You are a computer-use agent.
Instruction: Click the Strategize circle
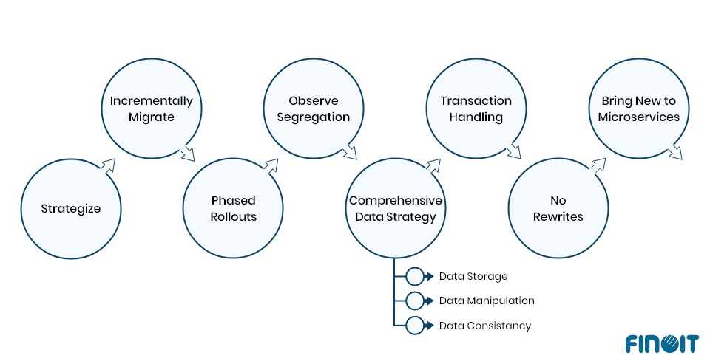coord(70,208)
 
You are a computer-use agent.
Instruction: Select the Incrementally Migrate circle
coord(152,109)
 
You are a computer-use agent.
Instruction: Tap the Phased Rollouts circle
coord(233,208)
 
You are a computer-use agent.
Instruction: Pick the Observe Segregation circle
coord(314,109)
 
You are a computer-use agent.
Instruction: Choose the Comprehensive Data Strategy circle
coord(396,208)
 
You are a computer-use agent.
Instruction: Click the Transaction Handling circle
coord(476,109)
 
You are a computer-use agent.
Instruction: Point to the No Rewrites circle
coord(558,208)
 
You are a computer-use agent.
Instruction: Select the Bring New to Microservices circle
coord(639,109)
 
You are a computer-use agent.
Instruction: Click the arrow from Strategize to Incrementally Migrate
coord(109,165)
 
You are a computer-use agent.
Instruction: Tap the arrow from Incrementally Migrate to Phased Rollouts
coord(187,152)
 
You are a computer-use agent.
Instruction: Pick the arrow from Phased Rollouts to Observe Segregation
coord(271,165)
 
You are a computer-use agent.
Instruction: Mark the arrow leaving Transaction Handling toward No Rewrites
coord(513,152)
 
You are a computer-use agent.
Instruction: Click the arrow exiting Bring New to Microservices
coord(674,152)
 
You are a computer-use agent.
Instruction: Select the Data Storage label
coord(473,276)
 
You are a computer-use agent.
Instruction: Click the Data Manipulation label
coord(486,301)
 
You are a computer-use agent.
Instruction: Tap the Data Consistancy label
coord(484,326)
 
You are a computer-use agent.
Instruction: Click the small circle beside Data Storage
coord(415,276)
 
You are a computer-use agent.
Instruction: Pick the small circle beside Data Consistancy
coord(415,325)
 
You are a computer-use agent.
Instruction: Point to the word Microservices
coord(639,117)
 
